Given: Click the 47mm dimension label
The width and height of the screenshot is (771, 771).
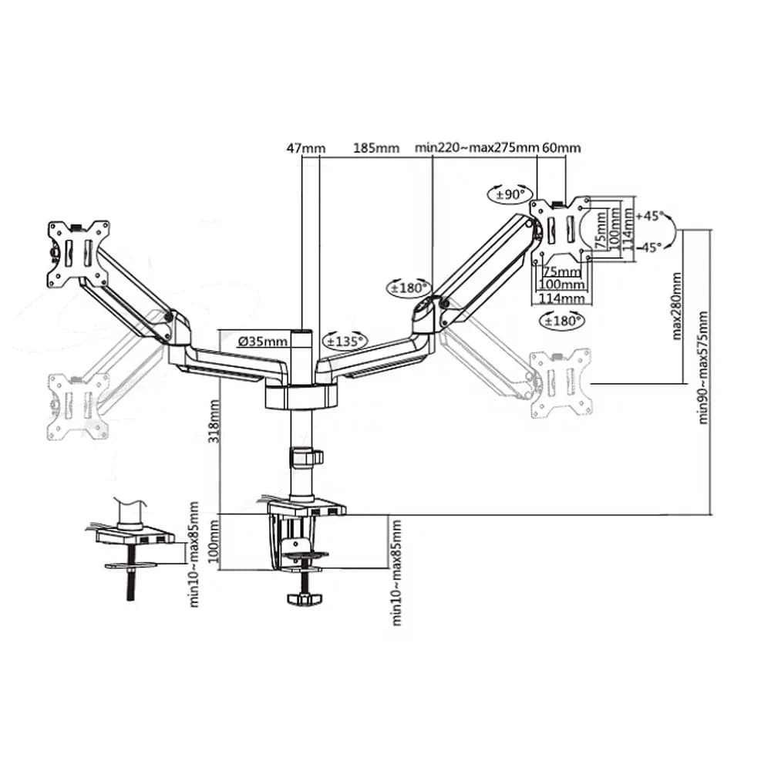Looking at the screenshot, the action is click(306, 147).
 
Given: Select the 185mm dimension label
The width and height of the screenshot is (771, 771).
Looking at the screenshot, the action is click(376, 147).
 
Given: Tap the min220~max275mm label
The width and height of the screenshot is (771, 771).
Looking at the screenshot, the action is click(476, 147).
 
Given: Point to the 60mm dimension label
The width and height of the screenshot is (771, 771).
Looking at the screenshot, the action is click(561, 147).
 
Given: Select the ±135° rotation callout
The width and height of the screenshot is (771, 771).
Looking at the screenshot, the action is click(345, 340).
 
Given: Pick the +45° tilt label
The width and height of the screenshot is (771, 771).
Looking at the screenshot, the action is click(649, 216).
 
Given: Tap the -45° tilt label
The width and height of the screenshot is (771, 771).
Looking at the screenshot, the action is click(649, 247).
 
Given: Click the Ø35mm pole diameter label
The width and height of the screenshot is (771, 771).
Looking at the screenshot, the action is click(263, 341).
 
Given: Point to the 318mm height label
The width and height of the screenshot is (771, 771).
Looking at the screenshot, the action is click(214, 422).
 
